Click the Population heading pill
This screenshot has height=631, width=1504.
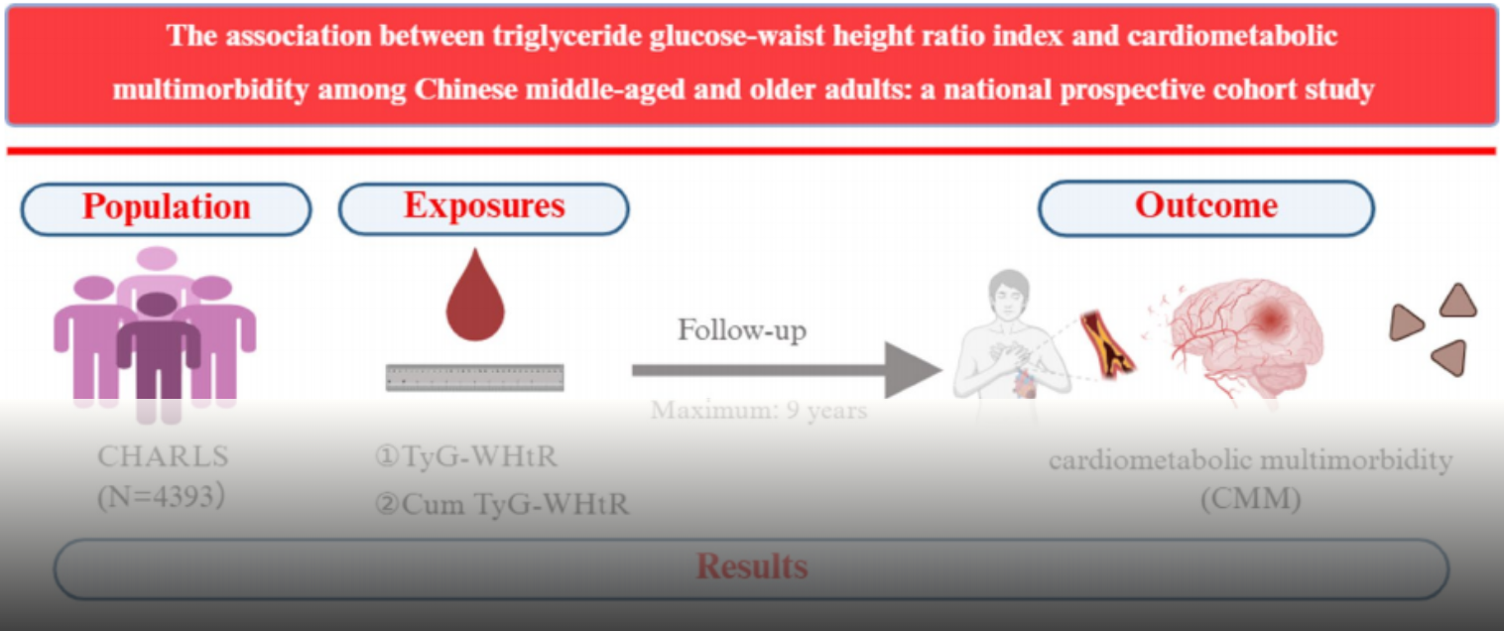coord(166,208)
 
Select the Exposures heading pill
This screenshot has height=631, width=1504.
coord(484,208)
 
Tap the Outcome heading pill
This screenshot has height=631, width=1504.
coord(1206,208)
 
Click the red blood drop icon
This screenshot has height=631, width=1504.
coord(474,296)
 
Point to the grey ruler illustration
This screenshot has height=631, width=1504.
coord(474,377)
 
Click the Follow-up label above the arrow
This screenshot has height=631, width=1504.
coord(742,330)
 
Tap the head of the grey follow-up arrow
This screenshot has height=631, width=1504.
coord(913,370)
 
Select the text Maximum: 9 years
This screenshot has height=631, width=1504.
coord(759,410)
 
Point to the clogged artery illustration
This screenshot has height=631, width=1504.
coord(1106,343)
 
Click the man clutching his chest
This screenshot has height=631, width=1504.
coord(1007,342)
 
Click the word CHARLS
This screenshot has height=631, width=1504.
coord(163,456)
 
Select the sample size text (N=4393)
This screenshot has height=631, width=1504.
coord(161,497)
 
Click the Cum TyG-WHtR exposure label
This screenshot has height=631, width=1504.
coord(503,504)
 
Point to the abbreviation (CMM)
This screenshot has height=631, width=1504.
coord(1250,499)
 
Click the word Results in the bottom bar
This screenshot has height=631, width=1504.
coord(752,567)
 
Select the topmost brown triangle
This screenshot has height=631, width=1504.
coord(1457,302)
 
